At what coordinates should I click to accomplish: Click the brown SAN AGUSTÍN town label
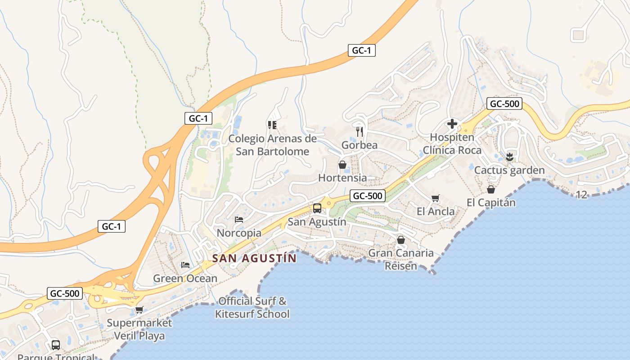(254, 258)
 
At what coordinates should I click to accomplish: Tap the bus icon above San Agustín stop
(317, 208)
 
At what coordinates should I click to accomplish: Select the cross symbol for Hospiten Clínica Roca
(452, 123)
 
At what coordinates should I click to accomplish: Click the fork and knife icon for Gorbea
(359, 131)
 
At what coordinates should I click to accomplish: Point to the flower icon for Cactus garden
(509, 157)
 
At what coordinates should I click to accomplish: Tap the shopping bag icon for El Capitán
(491, 189)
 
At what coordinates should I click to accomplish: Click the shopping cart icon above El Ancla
(435, 198)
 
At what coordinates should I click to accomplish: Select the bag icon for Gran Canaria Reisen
(401, 240)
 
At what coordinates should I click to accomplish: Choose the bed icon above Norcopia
(239, 220)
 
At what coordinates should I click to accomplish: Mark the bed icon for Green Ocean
(185, 265)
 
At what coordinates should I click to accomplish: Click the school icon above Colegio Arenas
(272, 125)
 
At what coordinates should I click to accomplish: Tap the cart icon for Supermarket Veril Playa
(139, 310)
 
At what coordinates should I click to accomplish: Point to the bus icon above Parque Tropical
(56, 345)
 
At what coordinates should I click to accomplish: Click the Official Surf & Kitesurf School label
(252, 307)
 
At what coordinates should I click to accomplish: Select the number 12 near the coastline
(581, 195)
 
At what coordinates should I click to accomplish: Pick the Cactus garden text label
(509, 171)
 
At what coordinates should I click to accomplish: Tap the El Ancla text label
(436, 211)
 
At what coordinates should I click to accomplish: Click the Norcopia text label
(239, 233)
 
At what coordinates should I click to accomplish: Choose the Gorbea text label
(359, 145)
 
